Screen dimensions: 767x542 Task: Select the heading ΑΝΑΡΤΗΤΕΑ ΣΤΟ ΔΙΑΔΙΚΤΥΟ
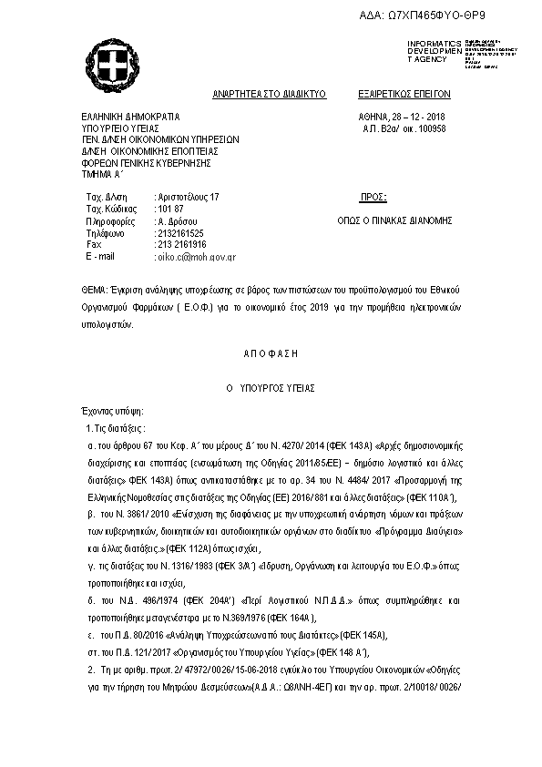(269, 94)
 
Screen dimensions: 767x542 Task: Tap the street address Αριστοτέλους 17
(189, 197)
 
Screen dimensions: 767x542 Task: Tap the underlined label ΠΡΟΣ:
(373, 197)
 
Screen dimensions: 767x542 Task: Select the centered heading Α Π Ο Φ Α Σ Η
(269, 353)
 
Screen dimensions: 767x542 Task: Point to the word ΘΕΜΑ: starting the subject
(95, 287)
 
